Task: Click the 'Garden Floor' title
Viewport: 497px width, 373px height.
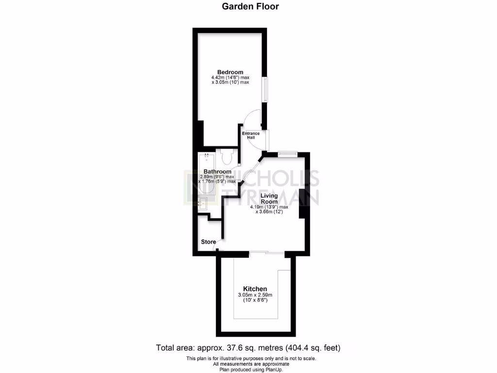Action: pos(250,6)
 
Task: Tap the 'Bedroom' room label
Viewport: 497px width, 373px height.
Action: pos(230,72)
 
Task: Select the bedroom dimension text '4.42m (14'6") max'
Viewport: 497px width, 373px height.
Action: pos(230,78)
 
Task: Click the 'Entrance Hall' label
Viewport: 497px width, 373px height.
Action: pos(251,136)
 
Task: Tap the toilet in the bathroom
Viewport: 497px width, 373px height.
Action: pos(227,157)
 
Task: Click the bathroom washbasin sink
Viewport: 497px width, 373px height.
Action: pos(204,203)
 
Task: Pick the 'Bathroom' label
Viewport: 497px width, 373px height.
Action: pos(217,171)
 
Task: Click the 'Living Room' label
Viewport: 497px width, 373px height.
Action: pos(269,199)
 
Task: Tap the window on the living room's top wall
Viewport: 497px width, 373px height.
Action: pos(287,154)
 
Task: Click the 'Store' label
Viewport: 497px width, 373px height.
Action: pos(208,242)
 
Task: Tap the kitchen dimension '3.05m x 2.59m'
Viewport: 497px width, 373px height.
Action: pos(255,295)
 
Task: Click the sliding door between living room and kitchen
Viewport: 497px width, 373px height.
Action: pos(266,252)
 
